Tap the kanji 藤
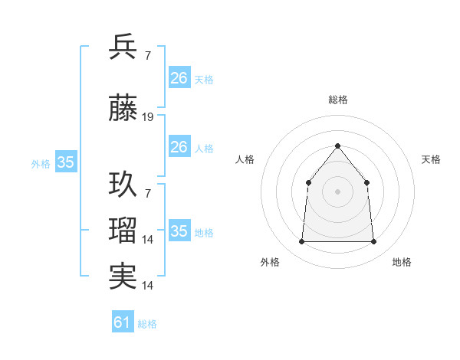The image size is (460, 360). click(x=123, y=110)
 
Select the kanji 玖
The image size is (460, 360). click(x=123, y=185)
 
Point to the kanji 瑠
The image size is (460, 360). click(x=123, y=230)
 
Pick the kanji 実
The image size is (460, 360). click(x=123, y=276)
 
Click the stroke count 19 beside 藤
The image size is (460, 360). click(x=148, y=117)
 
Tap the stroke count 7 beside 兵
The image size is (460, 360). click(x=147, y=55)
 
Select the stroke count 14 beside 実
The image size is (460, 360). click(x=148, y=286)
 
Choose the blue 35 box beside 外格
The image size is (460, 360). click(x=66, y=162)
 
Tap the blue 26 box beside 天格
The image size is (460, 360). click(x=179, y=78)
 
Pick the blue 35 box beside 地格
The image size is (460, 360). click(x=179, y=231)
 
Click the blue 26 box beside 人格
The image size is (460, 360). click(x=179, y=147)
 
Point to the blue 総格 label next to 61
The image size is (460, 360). click(x=147, y=324)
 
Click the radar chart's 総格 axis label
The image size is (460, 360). click(x=337, y=100)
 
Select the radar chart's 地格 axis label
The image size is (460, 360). click(x=402, y=262)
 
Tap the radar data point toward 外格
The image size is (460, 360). click(x=302, y=242)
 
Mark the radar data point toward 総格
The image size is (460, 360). click(x=337, y=146)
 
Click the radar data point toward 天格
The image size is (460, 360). click(x=366, y=182)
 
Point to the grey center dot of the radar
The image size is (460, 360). click(x=337, y=191)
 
